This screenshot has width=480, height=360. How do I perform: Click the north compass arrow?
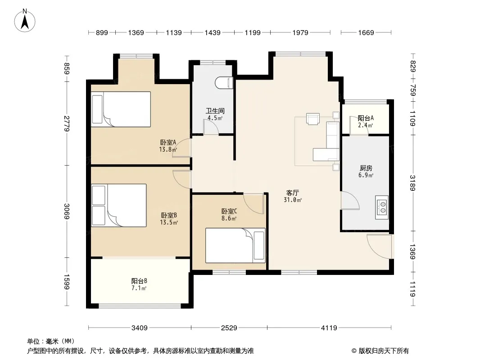click(x=25, y=22)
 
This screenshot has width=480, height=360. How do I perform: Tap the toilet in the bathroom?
click(x=224, y=83)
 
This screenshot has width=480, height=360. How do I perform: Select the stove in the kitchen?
click(x=382, y=207)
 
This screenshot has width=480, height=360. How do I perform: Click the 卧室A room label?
click(x=168, y=142)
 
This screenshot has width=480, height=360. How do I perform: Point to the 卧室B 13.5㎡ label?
click(x=169, y=219)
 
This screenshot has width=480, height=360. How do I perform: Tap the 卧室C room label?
click(x=229, y=211)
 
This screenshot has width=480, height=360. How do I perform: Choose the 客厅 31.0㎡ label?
click(x=293, y=196)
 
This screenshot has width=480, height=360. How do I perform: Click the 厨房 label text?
click(x=366, y=168)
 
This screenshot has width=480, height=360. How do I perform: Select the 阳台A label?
click(x=366, y=118)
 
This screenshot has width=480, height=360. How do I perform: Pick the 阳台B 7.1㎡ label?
click(x=139, y=284)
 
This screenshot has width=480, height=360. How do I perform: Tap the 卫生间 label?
click(x=215, y=111)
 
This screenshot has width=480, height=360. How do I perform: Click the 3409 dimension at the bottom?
click(x=139, y=328)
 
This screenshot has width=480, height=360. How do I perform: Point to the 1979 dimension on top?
click(x=300, y=32)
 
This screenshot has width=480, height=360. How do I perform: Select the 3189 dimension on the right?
click(x=412, y=183)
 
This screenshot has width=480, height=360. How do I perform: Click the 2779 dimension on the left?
click(x=67, y=124)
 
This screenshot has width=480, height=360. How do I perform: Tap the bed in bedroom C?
click(x=235, y=245)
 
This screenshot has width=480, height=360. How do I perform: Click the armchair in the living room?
click(x=313, y=119)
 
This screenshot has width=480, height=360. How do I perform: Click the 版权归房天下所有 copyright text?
click(x=384, y=351)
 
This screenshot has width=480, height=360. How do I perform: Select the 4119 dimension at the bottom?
click(x=329, y=328)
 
